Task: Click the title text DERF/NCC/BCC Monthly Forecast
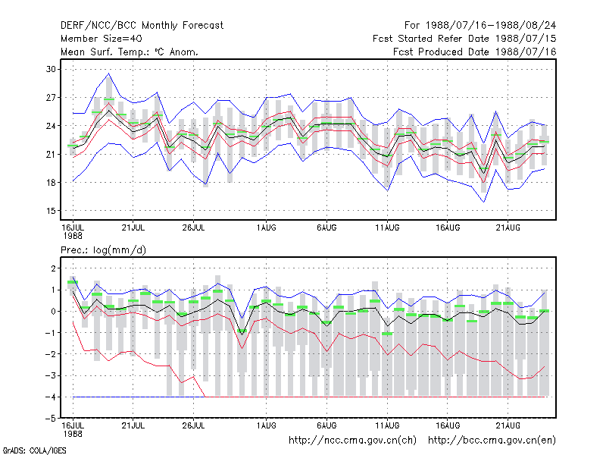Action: pyautogui.click(x=142, y=26)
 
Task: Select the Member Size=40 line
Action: pyautogui.click(x=102, y=39)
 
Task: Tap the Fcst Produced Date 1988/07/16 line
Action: pyautogui.click(x=475, y=52)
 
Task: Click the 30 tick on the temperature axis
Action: pyautogui.click(x=51, y=69)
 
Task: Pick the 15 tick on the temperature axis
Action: pyautogui.click(x=51, y=211)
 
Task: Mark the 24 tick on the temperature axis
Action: pyautogui.click(x=51, y=126)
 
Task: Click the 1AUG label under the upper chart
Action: pyautogui.click(x=267, y=227)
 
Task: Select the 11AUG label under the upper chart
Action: pyautogui.click(x=387, y=227)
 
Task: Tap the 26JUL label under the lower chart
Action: pyautogui.click(x=193, y=425)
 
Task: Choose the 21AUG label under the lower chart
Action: pyautogui.click(x=508, y=425)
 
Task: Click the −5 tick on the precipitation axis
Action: pyautogui.click(x=51, y=419)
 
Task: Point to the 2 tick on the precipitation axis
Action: pyautogui.click(x=53, y=268)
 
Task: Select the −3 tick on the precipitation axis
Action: pyautogui.click(x=51, y=375)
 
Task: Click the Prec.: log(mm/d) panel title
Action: pyautogui.click(x=103, y=250)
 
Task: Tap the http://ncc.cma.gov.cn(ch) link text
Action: pyautogui.click(x=352, y=441)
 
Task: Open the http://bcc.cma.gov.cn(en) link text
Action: pyautogui.click(x=492, y=441)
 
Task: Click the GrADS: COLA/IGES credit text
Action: pyautogui.click(x=34, y=450)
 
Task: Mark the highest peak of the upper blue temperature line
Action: pyautogui.click(x=109, y=74)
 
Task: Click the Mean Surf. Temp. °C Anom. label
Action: pyautogui.click(x=130, y=52)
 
